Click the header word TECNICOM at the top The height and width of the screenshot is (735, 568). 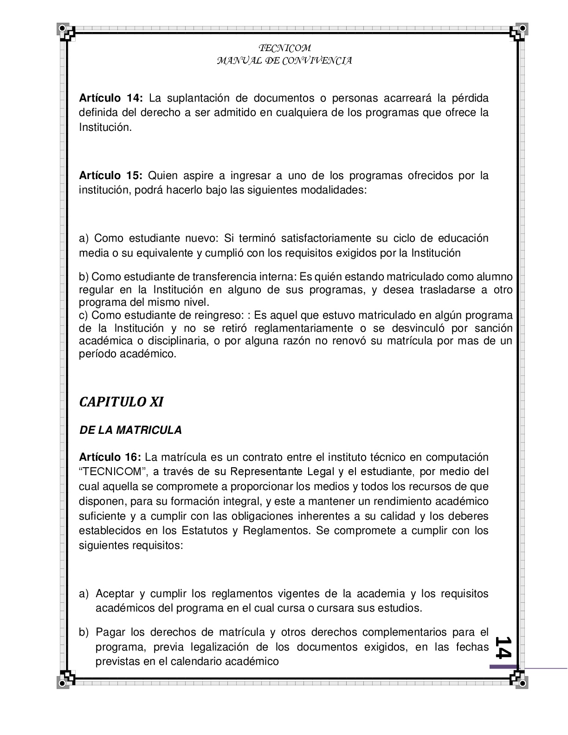(x=284, y=48)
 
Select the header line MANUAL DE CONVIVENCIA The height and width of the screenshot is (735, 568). (x=284, y=61)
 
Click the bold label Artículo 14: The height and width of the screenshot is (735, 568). (x=111, y=98)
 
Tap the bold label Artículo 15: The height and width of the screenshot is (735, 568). (x=111, y=176)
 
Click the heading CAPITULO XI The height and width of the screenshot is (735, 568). (x=121, y=402)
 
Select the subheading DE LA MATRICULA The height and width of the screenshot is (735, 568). (x=131, y=430)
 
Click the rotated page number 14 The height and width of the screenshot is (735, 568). (x=503, y=646)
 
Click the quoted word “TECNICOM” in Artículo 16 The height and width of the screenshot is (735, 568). (x=112, y=472)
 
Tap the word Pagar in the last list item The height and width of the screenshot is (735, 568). (x=110, y=632)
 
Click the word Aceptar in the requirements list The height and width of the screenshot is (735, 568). (x=115, y=593)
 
